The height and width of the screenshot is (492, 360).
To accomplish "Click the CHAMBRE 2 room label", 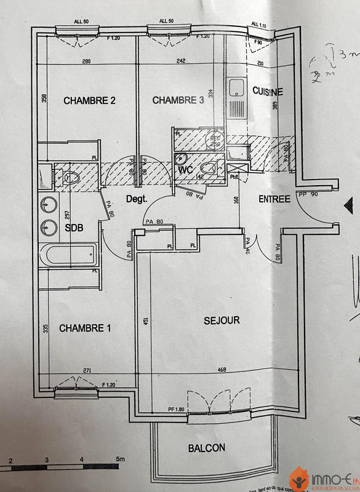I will pyautogui.click(x=90, y=101).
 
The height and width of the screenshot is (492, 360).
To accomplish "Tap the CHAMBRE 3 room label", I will pyautogui.click(x=178, y=100).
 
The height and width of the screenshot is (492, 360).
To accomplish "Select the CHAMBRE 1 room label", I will pyautogui.click(x=85, y=328).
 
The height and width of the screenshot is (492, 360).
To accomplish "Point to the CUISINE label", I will pyautogui.click(x=268, y=91).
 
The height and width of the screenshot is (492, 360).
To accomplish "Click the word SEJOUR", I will pyautogui.click(x=222, y=320).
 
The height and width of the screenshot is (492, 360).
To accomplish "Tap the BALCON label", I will pyautogui.click(x=207, y=448).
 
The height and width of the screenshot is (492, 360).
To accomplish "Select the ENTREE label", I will pyautogui.click(x=274, y=199).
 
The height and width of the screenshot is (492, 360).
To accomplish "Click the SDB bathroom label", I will pyautogui.click(x=73, y=228).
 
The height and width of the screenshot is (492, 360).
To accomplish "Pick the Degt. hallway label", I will pyautogui.click(x=138, y=199).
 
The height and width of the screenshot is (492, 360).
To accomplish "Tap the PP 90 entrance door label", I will pyautogui.click(x=308, y=194).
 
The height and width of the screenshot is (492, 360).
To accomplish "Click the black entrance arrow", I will pyautogui.click(x=348, y=205).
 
